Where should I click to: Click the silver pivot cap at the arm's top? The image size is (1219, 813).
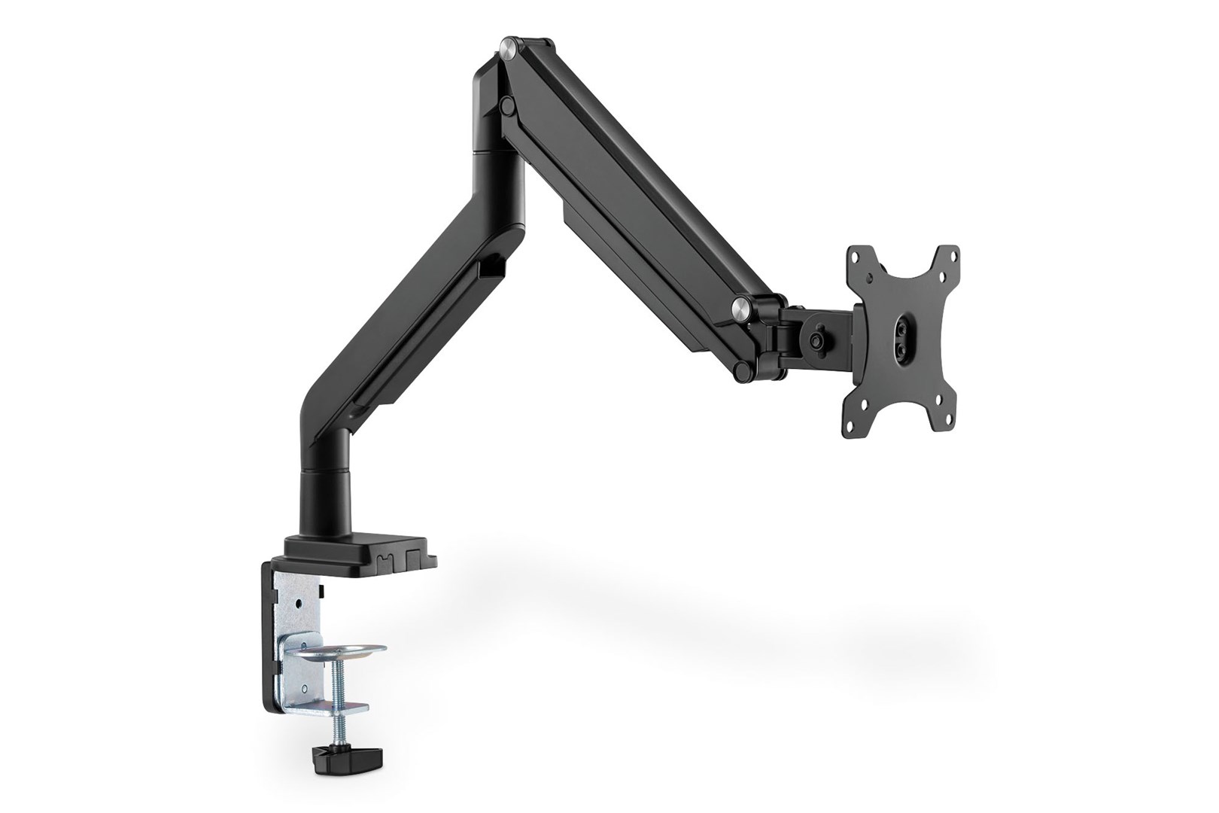coord(512,49)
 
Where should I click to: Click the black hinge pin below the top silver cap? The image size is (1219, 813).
coord(508,100)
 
